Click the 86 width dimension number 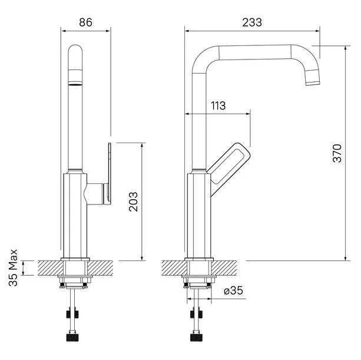pyautogui.click(x=85, y=22)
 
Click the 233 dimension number pyautogui.click(x=252, y=22)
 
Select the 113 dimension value pyautogui.click(x=218, y=105)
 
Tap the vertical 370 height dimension pyautogui.click(x=337, y=153)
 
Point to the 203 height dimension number pyautogui.click(x=133, y=202)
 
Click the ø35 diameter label pyautogui.click(x=233, y=290)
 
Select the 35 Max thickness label pyautogui.click(x=13, y=267)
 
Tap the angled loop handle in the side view pyautogui.click(x=228, y=166)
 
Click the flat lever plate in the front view pyautogui.click(x=110, y=174)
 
